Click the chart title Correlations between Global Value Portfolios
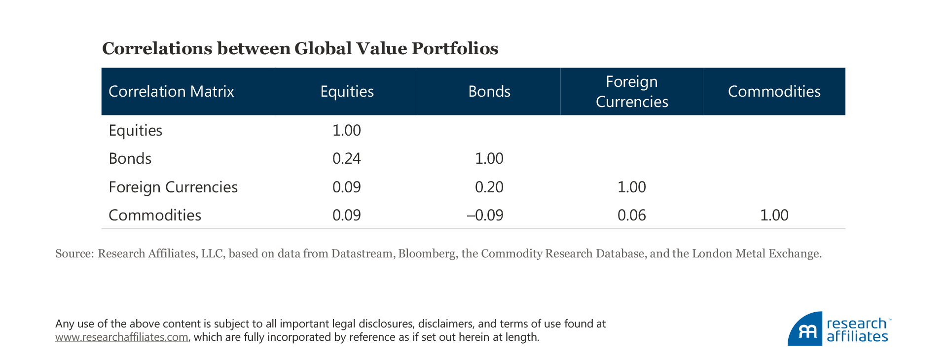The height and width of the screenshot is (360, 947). pos(300,48)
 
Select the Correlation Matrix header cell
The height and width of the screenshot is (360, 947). pos(171,91)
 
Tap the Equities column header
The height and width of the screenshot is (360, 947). pos(347,91)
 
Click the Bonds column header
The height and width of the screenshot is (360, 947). pos(489,91)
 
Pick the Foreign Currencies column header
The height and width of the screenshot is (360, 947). pos(631,91)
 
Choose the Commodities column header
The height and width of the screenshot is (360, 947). pos(774,91)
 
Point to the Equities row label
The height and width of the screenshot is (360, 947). pos(135,130)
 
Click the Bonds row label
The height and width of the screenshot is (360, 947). pos(130,158)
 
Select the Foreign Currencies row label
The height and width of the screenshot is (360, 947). pos(173,187)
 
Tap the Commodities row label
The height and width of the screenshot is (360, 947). pos(154,215)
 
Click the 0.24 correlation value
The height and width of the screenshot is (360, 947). pos(346,158)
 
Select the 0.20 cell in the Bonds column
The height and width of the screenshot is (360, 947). pos(489,187)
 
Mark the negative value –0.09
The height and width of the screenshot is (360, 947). pos(485,215)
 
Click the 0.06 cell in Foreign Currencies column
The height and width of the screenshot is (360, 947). pos(631,215)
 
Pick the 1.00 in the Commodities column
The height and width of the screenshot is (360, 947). pos(774,215)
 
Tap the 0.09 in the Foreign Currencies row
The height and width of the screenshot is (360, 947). pos(346,187)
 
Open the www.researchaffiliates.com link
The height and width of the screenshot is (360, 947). pos(121,337)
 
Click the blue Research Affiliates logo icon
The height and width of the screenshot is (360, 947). pos(805,329)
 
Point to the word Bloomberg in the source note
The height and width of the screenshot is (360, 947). pos(427,253)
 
